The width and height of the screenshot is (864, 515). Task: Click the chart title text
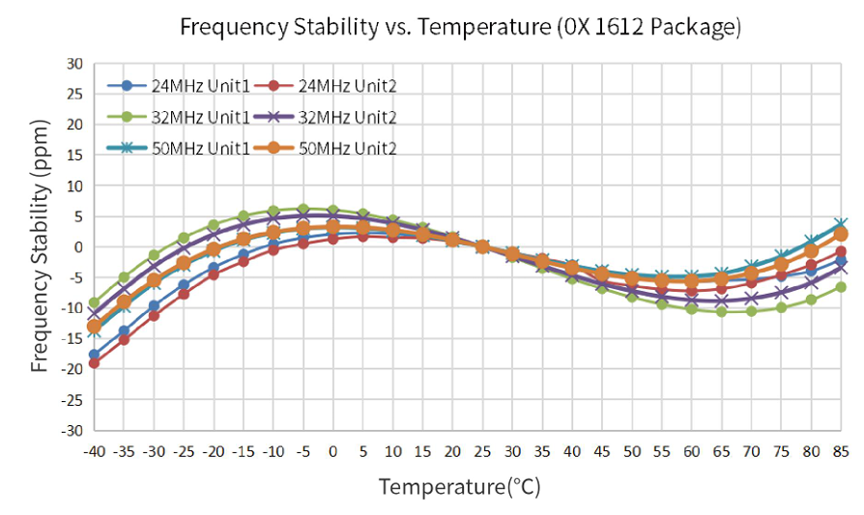[x=461, y=27]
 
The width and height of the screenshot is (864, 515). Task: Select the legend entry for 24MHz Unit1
[x=179, y=85]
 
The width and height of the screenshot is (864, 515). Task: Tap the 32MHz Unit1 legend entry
[x=179, y=117]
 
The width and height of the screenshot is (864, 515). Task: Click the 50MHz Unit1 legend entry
[x=179, y=148]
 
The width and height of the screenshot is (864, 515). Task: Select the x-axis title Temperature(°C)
[x=460, y=486]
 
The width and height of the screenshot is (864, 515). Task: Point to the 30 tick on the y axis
[x=74, y=64]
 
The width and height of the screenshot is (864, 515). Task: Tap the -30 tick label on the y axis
[x=72, y=429]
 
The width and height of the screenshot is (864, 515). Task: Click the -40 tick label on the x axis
[x=94, y=450]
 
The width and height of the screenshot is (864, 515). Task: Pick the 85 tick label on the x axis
[x=841, y=450]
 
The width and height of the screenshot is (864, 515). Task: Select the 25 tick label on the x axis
[x=482, y=450]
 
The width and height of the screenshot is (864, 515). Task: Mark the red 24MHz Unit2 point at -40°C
[x=94, y=362]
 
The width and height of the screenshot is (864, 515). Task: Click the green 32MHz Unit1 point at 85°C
[x=841, y=287]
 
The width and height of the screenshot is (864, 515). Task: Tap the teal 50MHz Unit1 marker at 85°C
[x=841, y=224]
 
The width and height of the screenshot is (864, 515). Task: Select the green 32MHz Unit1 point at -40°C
[x=94, y=302]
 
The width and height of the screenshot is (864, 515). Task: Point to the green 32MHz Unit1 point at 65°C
[x=721, y=311]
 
